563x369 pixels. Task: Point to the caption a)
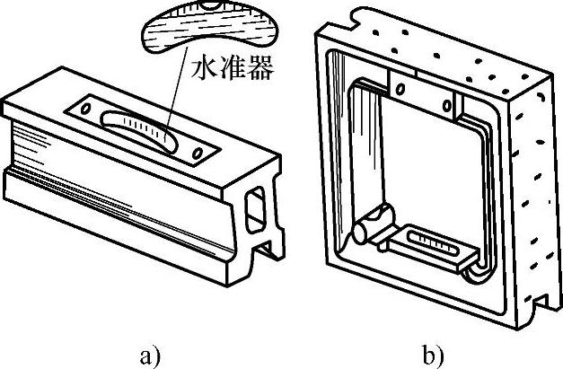pos(151,355)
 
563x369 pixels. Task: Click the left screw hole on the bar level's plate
pos(85,109)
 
